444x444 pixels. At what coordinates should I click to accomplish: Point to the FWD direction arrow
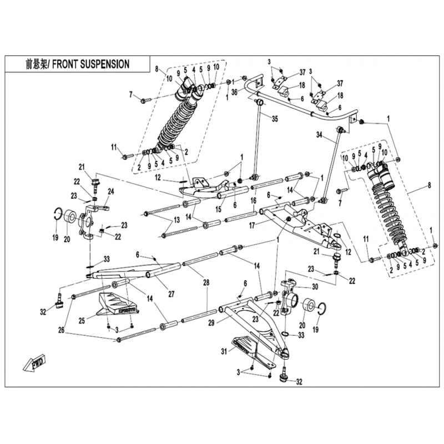pos(35,364)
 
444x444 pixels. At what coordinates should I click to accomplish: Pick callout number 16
pos(253,200)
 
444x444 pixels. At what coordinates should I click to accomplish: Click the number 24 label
pos(110,192)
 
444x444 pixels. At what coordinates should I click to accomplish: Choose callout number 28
pos(206,283)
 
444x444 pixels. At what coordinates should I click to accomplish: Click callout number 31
pos(224,351)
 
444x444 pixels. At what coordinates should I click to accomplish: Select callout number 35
pos(275,118)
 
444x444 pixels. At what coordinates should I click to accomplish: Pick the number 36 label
pos(234,92)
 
